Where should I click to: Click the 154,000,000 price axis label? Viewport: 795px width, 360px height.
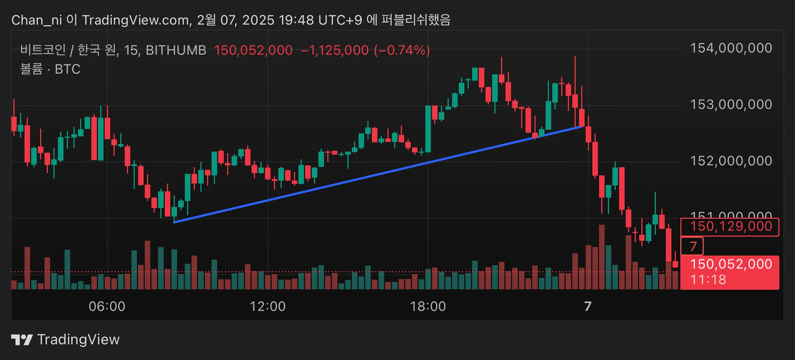pyautogui.click(x=731, y=48)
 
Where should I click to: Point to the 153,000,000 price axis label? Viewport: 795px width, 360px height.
pyautogui.click(x=731, y=104)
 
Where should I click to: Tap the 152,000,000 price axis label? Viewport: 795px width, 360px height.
pyautogui.click(x=731, y=161)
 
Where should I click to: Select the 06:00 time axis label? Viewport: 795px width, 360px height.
pyautogui.click(x=107, y=307)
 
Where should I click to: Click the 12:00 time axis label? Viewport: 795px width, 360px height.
pyautogui.click(x=267, y=307)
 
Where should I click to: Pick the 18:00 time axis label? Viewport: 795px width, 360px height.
pyautogui.click(x=428, y=307)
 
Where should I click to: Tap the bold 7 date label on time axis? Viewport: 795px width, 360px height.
pyautogui.click(x=588, y=307)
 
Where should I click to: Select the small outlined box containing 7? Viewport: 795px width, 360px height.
pyautogui.click(x=692, y=246)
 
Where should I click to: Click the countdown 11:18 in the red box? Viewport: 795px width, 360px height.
pyautogui.click(x=708, y=280)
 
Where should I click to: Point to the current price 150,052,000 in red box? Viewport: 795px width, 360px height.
pyautogui.click(x=731, y=264)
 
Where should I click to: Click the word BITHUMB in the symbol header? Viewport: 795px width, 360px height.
pyautogui.click(x=176, y=50)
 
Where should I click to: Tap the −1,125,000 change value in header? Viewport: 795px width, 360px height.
pyautogui.click(x=335, y=50)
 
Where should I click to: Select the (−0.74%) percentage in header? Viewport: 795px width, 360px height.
pyautogui.click(x=402, y=50)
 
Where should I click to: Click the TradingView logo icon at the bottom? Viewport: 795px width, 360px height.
pyautogui.click(x=22, y=340)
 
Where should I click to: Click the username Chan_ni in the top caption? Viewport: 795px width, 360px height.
pyautogui.click(x=36, y=20)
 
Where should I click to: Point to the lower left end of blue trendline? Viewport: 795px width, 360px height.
pyautogui.click(x=174, y=222)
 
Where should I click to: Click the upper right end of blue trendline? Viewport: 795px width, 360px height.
pyautogui.click(x=583, y=126)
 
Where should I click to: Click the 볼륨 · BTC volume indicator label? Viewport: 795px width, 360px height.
pyautogui.click(x=50, y=69)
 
